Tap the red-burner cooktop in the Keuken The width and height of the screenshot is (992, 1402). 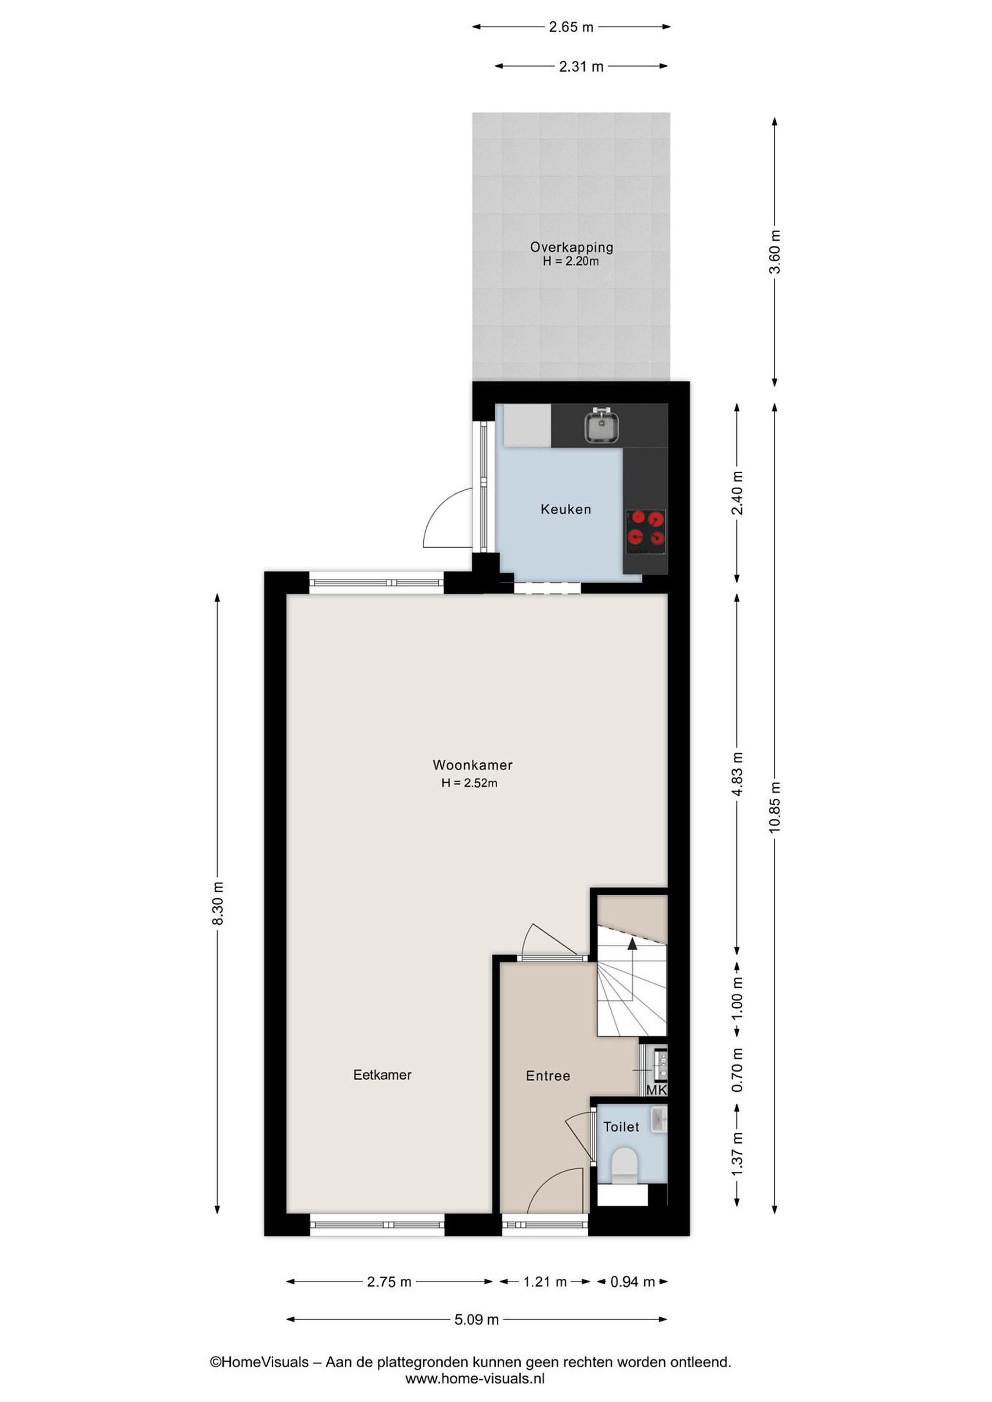(x=646, y=532)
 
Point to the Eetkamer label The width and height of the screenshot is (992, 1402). (x=382, y=1075)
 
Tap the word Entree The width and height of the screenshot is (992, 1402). (x=548, y=1076)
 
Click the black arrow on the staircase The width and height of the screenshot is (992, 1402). (x=632, y=944)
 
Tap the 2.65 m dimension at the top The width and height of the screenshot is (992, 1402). (x=571, y=27)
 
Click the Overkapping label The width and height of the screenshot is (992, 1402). (x=571, y=247)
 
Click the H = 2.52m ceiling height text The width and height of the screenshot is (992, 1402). (x=469, y=783)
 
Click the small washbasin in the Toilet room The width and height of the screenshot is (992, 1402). (x=659, y=1119)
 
